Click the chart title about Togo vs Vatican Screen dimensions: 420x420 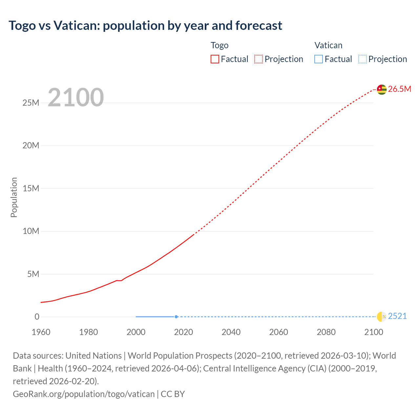[x=145, y=26]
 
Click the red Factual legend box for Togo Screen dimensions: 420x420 [x=215, y=59]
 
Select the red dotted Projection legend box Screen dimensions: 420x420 [x=259, y=59]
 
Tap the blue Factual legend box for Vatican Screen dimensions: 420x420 [x=319, y=59]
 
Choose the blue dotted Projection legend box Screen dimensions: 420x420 [x=363, y=59]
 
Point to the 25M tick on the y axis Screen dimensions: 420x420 [x=31, y=103]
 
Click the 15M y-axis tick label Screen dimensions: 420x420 [x=31, y=189]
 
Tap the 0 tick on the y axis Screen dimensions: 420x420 [x=37, y=317]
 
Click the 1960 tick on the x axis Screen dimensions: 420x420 [x=41, y=332]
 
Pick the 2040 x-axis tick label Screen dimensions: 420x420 [x=231, y=332]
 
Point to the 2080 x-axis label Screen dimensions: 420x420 [x=326, y=332]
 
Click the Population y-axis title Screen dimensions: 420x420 [x=14, y=197]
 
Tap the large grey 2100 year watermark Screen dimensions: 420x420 [x=76, y=97]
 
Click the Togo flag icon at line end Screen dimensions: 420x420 [x=382, y=89]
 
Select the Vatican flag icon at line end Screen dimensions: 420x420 [x=382, y=317]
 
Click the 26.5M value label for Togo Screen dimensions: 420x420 [x=399, y=89]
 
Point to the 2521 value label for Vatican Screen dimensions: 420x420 [x=397, y=316]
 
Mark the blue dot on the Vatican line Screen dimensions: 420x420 [x=176, y=317]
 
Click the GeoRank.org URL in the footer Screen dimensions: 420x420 [x=84, y=394]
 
